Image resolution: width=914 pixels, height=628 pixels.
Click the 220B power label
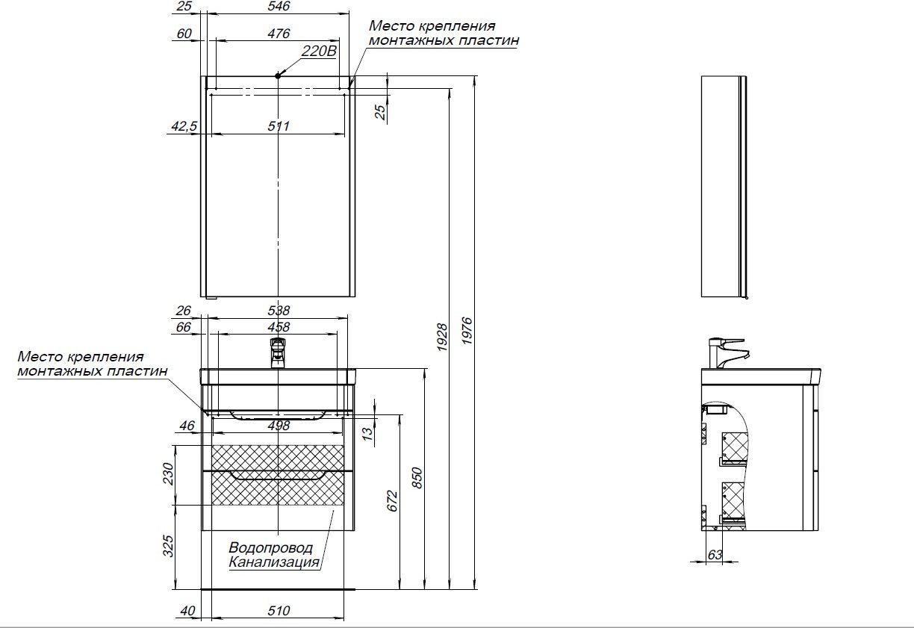tap(319, 51)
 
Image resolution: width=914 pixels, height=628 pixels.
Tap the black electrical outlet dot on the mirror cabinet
tap(278, 75)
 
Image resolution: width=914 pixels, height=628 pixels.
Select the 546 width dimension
tap(279, 6)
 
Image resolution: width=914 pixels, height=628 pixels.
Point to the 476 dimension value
tap(279, 34)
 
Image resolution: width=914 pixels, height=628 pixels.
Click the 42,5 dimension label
tap(184, 126)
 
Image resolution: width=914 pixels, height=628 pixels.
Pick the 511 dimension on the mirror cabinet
tap(279, 126)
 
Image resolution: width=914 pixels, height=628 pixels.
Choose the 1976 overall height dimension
tap(467, 331)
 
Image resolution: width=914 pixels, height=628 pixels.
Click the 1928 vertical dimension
tap(442, 337)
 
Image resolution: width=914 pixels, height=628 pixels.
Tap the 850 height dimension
tap(417, 478)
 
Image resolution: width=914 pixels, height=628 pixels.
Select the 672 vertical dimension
tap(392, 501)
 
